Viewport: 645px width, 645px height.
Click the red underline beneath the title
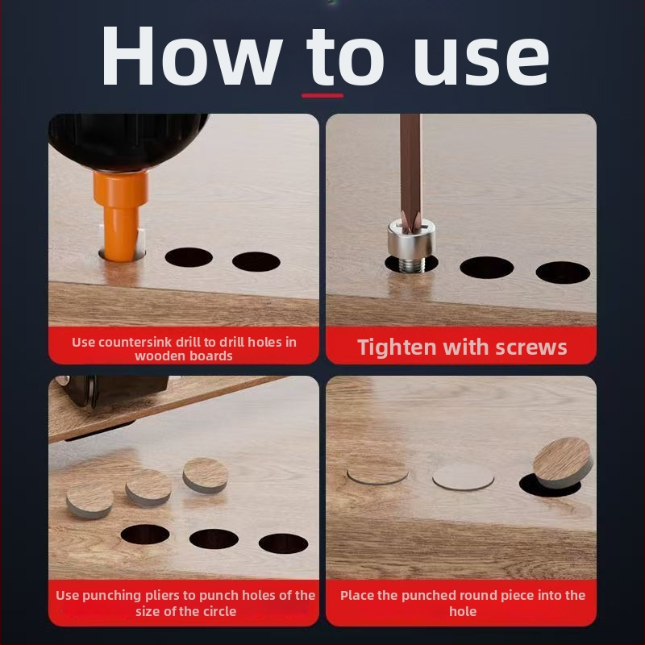[322, 95]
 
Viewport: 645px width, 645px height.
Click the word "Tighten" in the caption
[397, 347]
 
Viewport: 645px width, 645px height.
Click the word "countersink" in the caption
[135, 342]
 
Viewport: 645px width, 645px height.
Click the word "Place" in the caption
[357, 595]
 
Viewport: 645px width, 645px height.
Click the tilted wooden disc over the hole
[563, 462]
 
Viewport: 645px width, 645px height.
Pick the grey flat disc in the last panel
[463, 477]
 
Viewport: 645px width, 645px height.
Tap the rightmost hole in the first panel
[256, 261]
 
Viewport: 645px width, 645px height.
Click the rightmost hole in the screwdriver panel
[563, 273]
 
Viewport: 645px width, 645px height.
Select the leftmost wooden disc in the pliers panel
[89, 501]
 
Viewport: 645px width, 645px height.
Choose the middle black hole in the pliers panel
[214, 539]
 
